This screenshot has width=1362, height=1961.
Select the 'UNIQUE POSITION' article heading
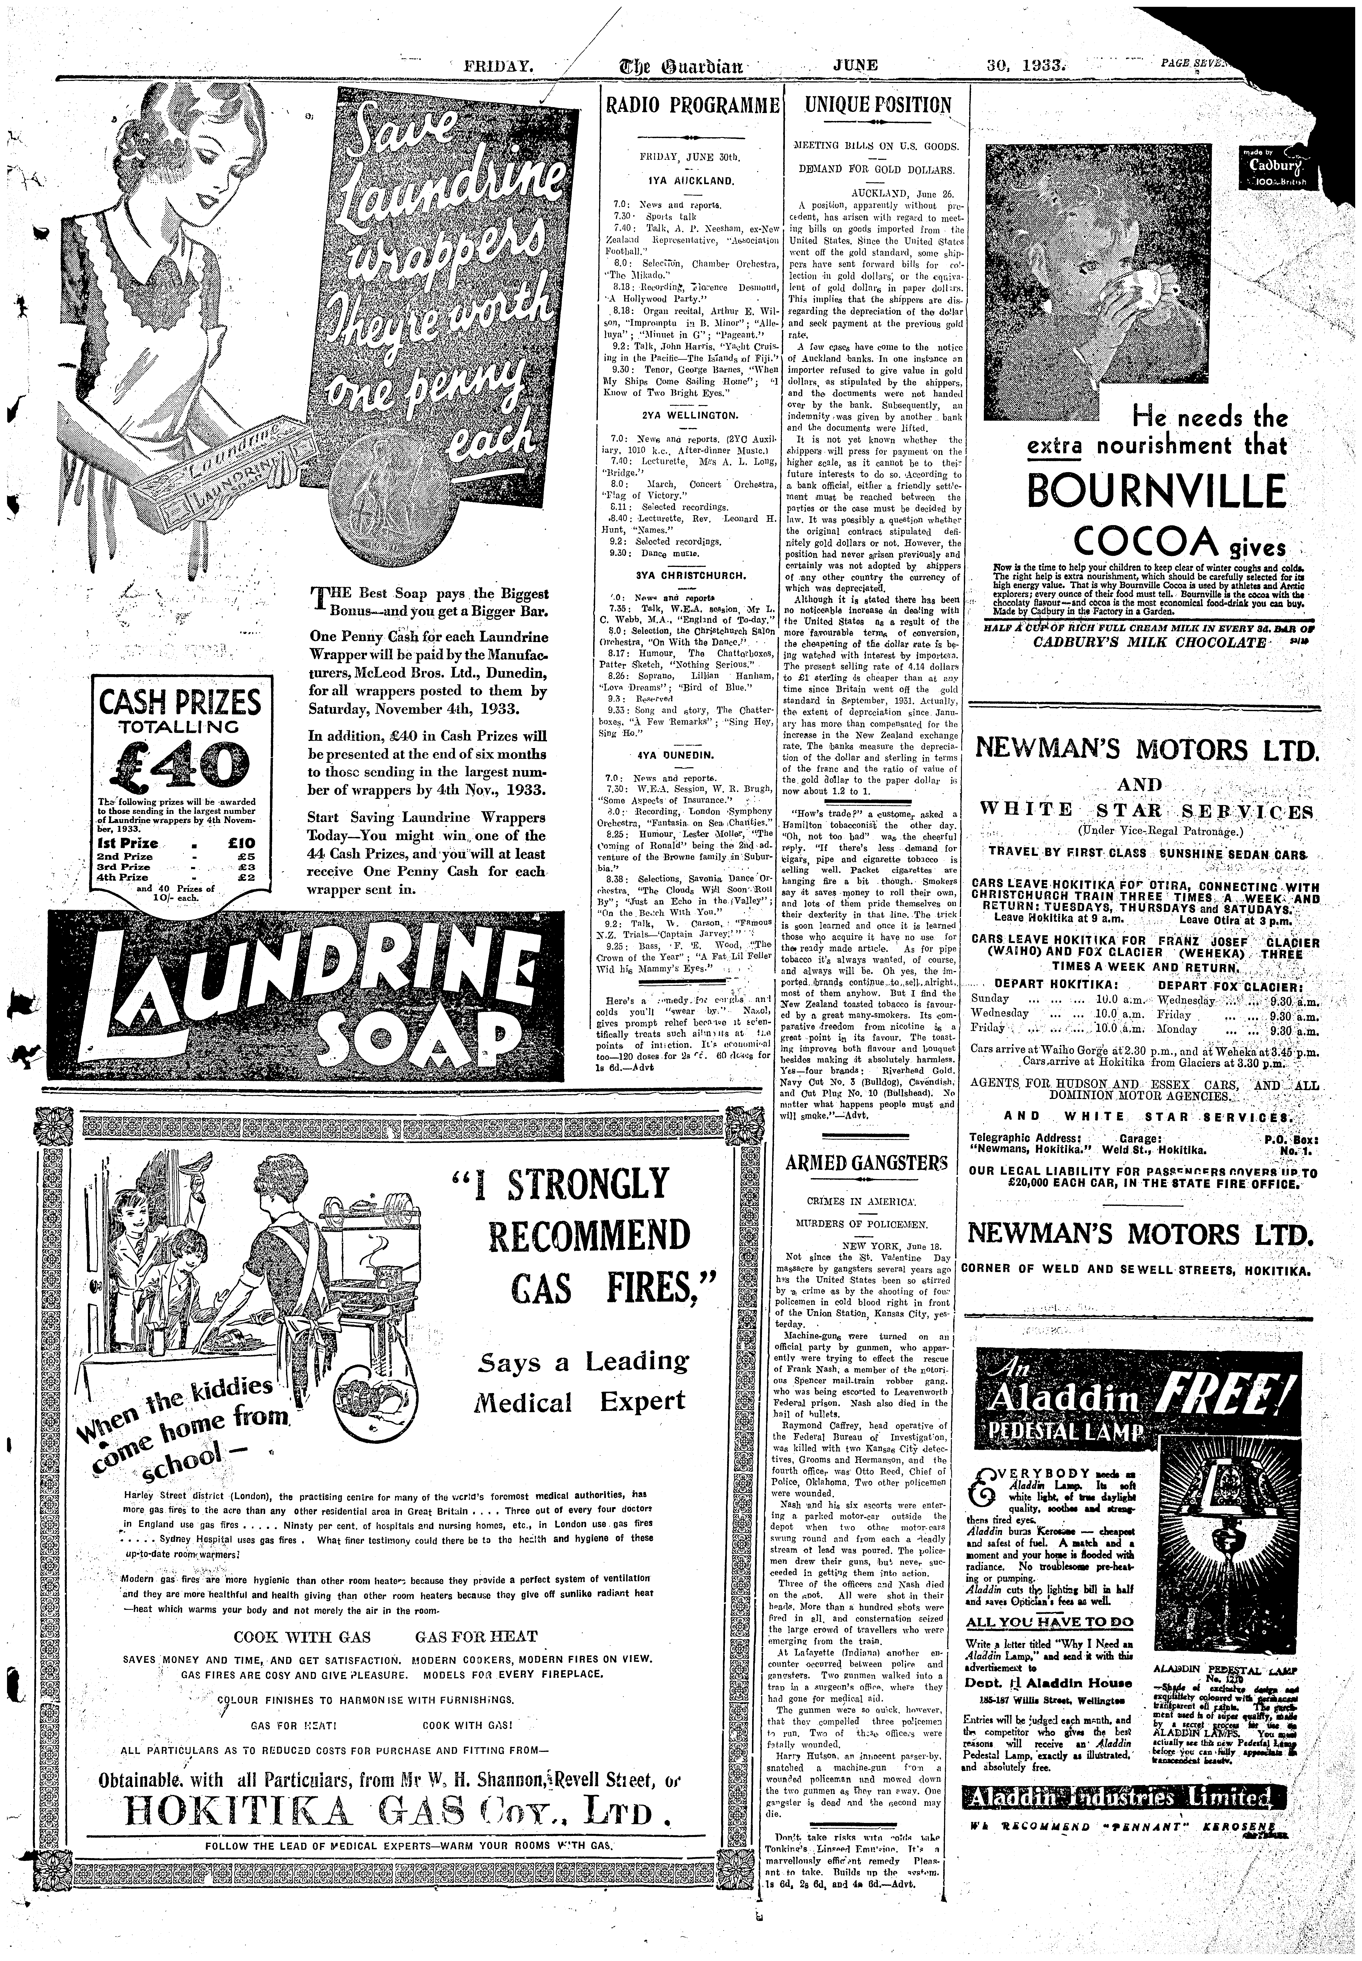pyautogui.click(x=877, y=106)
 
